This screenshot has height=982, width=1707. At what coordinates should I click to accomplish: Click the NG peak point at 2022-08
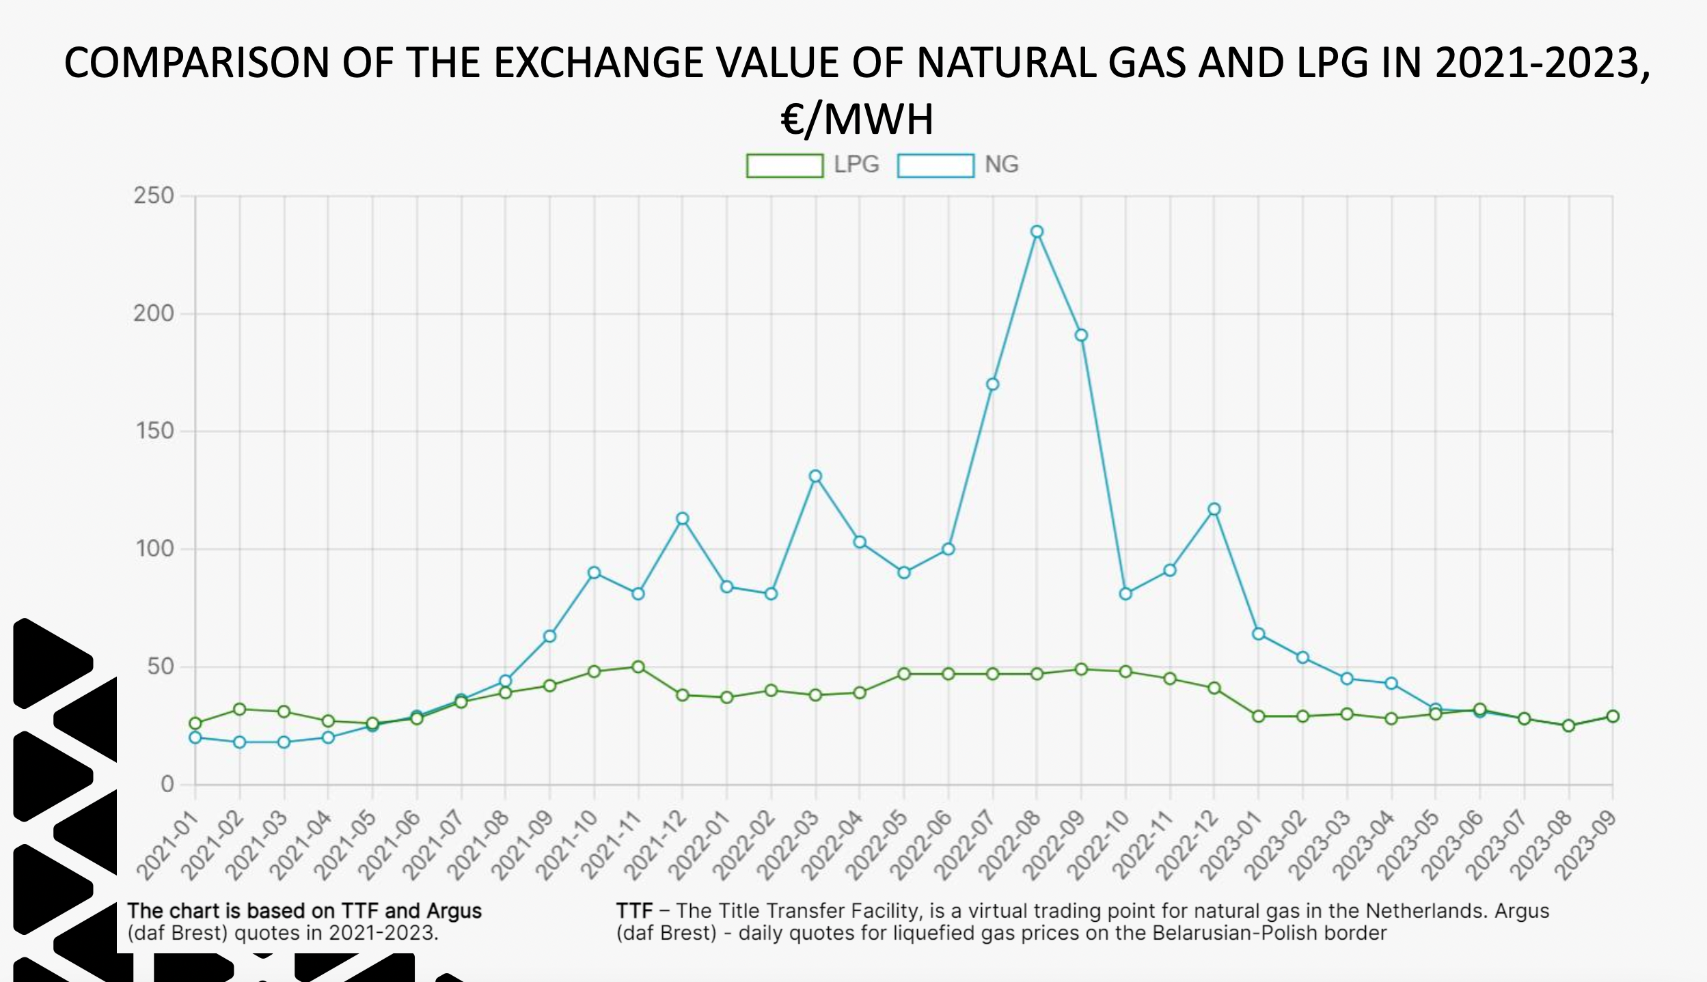(1037, 232)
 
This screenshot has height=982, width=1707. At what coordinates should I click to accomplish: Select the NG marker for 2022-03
(815, 476)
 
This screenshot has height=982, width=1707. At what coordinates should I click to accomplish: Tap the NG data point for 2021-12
(682, 519)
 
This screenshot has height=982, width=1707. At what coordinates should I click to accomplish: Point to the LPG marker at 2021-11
(638, 667)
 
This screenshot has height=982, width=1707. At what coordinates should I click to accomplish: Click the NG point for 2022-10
(1125, 594)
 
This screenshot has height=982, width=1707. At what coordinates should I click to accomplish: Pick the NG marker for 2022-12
(1214, 509)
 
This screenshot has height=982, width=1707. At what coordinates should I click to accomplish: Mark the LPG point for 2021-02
(240, 710)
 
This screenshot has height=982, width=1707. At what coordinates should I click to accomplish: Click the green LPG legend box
(784, 166)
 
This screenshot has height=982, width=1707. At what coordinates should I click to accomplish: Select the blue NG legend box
(936, 166)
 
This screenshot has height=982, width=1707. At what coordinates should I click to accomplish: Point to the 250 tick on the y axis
(154, 196)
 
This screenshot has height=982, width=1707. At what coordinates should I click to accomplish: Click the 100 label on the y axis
(155, 549)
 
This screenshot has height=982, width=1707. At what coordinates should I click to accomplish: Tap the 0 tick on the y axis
(167, 785)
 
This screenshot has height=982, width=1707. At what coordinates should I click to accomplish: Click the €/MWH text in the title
(857, 119)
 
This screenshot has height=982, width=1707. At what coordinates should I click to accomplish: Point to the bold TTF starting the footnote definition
(634, 911)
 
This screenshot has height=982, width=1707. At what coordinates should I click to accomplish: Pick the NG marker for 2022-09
(1081, 335)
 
